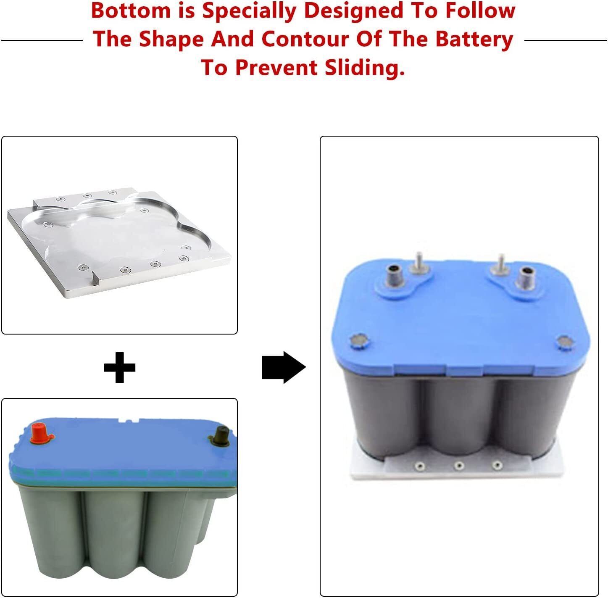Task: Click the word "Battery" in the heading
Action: coord(474,39)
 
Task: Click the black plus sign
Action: coord(120,367)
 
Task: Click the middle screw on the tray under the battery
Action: coord(459,466)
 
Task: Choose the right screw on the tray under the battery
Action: coord(497,466)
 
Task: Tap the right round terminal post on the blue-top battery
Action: coord(525,278)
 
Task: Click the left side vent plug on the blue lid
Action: coord(358,340)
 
